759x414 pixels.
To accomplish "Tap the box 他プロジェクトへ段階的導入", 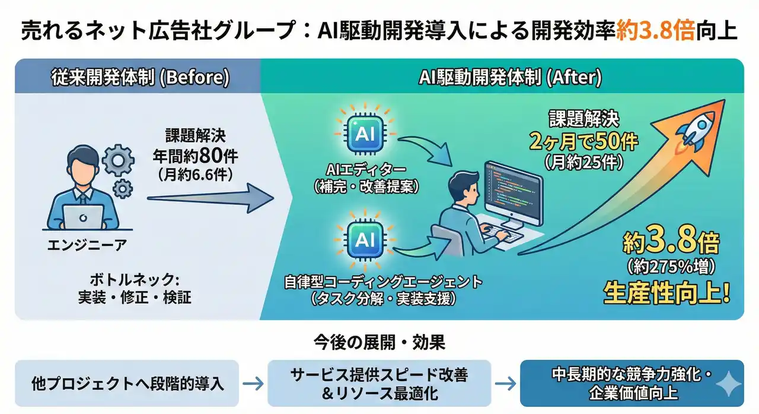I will click(x=127, y=383).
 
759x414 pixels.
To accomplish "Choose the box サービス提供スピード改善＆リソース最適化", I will click(x=379, y=383).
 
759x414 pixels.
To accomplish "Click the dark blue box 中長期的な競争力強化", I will click(x=631, y=383).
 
